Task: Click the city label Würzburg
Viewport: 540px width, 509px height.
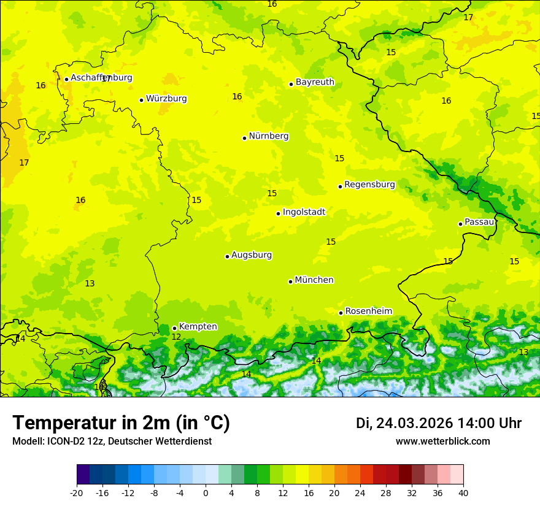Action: point(166,99)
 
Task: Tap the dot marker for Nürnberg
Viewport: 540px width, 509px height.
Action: point(244,138)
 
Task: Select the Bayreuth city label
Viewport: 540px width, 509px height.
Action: point(315,82)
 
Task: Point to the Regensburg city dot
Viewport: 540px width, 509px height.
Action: point(340,186)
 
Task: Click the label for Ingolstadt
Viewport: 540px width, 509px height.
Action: point(304,212)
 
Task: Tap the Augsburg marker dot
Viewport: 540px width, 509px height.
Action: point(227,256)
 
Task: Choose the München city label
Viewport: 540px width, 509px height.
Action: point(314,280)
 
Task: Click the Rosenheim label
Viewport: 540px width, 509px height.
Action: point(368,312)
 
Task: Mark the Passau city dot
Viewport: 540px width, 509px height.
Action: point(460,224)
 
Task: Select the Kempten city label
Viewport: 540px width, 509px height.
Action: point(198,327)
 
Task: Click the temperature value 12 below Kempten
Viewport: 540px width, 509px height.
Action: point(176,337)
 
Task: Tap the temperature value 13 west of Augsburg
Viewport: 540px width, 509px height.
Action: point(90,283)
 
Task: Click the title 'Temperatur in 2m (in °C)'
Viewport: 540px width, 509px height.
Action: point(121,423)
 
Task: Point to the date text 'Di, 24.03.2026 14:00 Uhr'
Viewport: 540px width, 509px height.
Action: point(439,423)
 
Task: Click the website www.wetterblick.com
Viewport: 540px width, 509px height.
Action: point(442,441)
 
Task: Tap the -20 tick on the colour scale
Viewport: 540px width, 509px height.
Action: point(77,492)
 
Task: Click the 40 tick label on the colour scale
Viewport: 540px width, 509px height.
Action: point(463,492)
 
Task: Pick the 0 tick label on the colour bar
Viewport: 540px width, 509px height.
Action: point(206,492)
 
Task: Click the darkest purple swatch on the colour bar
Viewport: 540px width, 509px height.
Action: point(83,475)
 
